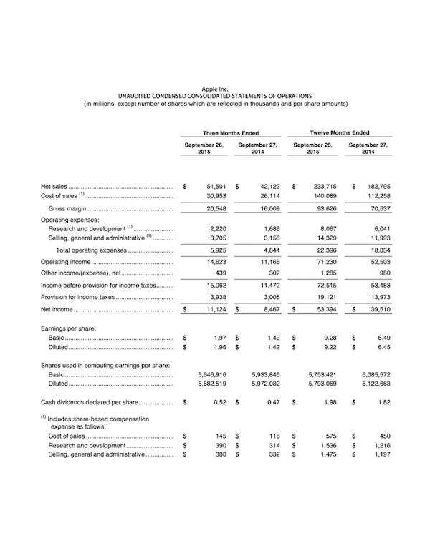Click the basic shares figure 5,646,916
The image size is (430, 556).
[x=211, y=374]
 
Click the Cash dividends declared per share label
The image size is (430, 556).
[x=85, y=402]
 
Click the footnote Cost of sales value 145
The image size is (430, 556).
[x=222, y=435]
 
